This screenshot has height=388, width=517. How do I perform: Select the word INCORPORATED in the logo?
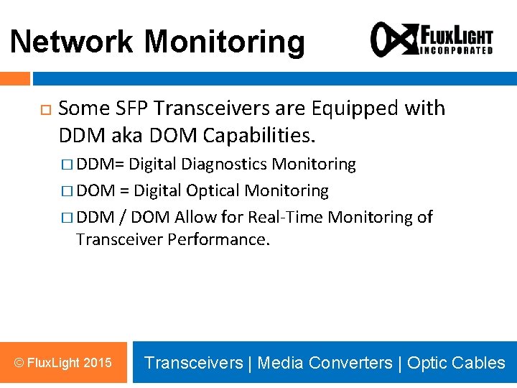point(455,51)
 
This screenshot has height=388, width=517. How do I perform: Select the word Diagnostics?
point(225,164)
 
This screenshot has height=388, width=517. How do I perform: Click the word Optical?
point(213,190)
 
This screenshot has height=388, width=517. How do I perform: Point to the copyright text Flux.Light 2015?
point(63,362)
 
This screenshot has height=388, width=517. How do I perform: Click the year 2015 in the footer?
point(98,362)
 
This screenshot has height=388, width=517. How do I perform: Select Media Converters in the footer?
point(325,363)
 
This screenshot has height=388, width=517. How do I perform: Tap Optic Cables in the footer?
point(456,363)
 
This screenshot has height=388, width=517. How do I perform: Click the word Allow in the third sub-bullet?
point(196,217)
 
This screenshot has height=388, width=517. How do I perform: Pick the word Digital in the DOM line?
point(157,190)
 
